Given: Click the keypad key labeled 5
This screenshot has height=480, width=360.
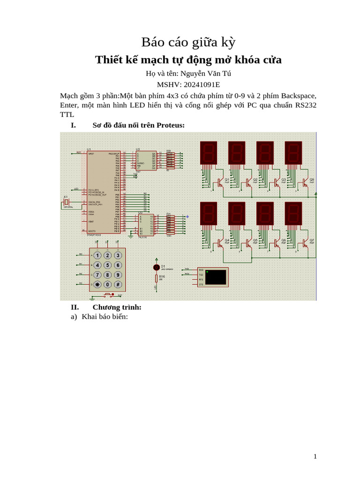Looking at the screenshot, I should tap(107, 265).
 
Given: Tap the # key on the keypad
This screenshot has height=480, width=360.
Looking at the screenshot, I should tap(118, 285).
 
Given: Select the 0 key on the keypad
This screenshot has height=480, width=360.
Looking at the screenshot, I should tap(107, 285).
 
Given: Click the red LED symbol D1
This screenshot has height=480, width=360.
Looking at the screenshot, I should tap(157, 267).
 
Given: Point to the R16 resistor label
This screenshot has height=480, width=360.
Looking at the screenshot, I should tap(162, 277).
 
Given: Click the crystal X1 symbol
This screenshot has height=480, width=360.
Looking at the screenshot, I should tap(67, 202).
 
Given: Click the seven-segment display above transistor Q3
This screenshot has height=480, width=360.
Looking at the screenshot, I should tap(265, 153).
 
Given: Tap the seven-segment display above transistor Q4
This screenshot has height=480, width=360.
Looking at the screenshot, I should tap(209, 213).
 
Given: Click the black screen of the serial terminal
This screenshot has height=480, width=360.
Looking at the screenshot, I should tap(215, 277).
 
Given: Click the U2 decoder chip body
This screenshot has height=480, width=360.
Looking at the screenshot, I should tap(146, 161).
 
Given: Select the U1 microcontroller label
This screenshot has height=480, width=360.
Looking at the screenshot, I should tap(89, 149).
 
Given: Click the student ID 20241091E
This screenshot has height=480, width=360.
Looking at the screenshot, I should tap(201, 85).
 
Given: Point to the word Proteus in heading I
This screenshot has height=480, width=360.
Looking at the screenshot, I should tap(171, 125).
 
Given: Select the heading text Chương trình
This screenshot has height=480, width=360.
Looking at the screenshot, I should tap(117, 307).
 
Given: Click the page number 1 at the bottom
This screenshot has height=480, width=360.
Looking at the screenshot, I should tap(315, 456).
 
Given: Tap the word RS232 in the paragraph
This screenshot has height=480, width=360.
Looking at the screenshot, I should tap(306, 105).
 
